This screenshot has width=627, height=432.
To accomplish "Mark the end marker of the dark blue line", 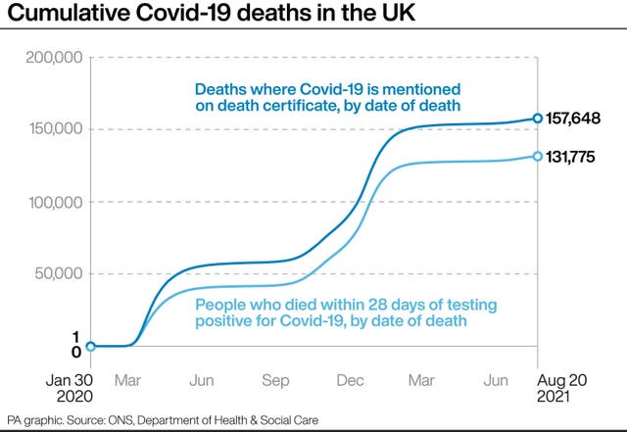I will click(538, 119).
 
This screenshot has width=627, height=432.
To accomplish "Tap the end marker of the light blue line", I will click(538, 156).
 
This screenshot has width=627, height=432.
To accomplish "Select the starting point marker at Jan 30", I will click(91, 346).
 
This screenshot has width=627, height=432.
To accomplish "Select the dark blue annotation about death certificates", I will click(328, 97).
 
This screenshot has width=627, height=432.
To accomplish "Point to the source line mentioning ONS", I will click(164, 419).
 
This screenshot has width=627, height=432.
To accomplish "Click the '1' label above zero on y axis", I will click(75, 336).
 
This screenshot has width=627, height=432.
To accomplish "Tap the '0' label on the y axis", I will click(75, 352).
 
